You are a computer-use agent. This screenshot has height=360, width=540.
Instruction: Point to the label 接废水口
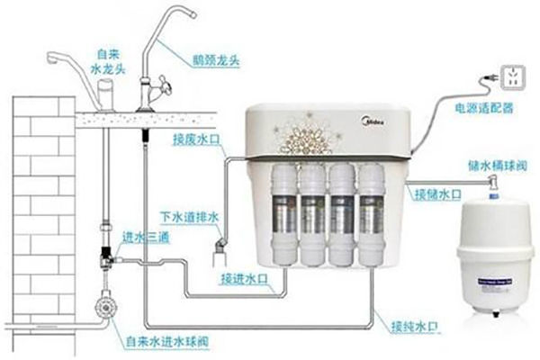193,140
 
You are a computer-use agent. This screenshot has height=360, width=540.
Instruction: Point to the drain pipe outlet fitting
220,247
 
